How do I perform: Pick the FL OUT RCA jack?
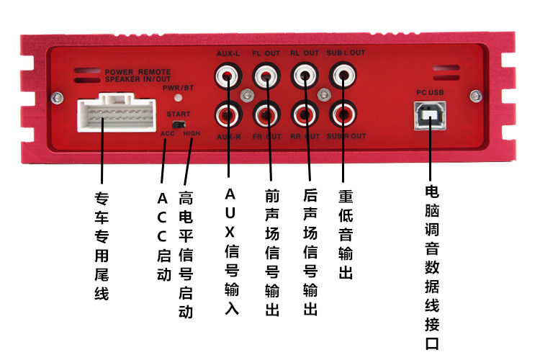tap(266, 74)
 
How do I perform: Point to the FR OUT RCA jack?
tap(266, 114)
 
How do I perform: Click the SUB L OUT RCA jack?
tap(342, 74)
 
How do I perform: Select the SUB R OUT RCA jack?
tap(342, 114)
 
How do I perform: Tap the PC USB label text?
tap(430, 93)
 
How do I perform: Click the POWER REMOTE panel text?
tap(138, 73)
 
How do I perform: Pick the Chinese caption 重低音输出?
tap(344, 234)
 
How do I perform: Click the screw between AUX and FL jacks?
tap(247, 94)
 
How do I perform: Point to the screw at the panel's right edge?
tap(474, 94)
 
